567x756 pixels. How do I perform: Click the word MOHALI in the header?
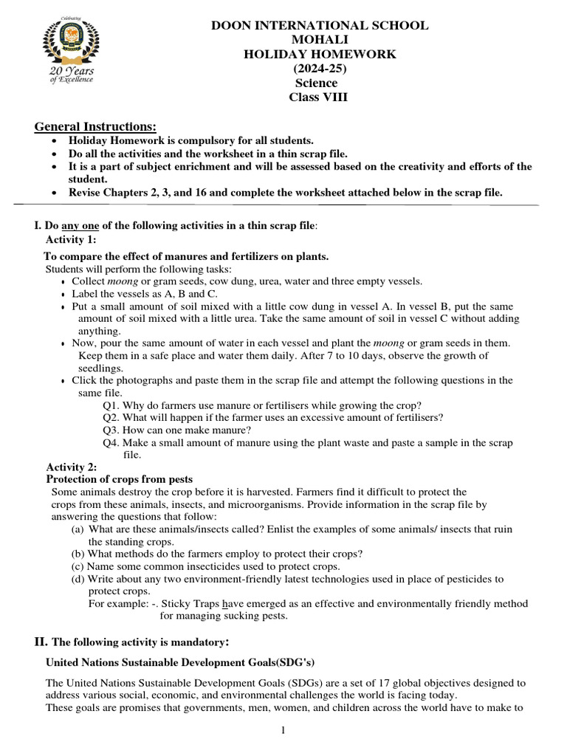point(320,40)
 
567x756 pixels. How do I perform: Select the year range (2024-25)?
point(320,69)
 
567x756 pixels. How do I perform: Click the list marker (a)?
point(78,529)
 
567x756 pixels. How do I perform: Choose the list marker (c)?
point(78,566)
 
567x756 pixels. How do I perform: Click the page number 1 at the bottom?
point(283,731)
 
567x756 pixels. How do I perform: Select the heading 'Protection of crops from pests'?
point(120,480)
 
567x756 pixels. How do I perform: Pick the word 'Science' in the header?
point(316,83)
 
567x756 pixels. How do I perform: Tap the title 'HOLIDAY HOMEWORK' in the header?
point(320,54)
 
